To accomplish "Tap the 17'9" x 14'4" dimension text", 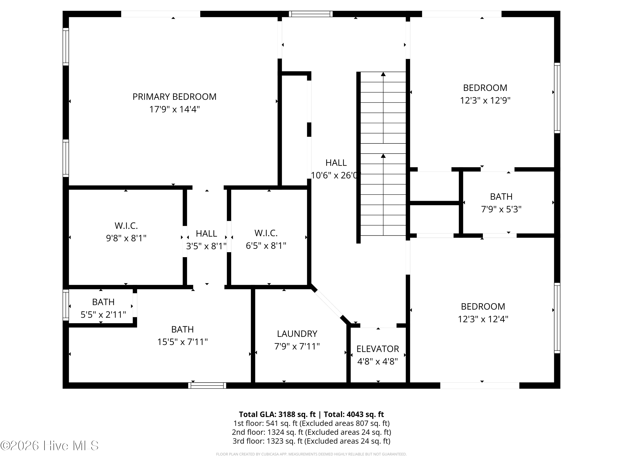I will tap(174, 109).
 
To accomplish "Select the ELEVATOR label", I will tap(378, 349).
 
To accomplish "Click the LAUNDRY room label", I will tap(297, 334).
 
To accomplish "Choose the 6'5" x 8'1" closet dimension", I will tap(266, 246).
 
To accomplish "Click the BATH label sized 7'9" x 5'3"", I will tap(501, 197).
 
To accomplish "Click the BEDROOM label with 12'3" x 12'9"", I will tap(485, 88).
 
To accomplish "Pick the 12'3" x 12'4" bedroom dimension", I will tap(483, 319).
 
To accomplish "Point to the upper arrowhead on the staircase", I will tap(383, 74).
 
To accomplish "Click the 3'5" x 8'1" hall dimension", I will tap(206, 246).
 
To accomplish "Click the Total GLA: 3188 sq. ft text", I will tap(277, 414).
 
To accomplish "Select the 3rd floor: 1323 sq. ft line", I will tap(311, 441).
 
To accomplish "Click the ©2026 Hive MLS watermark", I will tap(50, 446).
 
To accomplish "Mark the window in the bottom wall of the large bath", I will tap(207, 385).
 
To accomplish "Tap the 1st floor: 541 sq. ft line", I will tap(311, 423).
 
